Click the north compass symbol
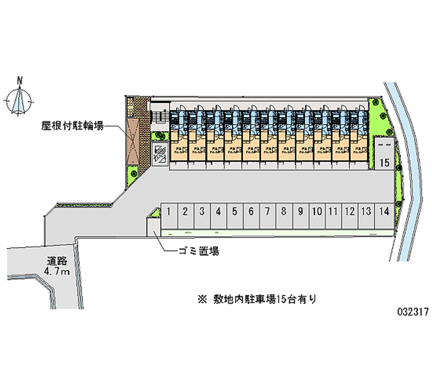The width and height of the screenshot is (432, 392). [x=19, y=100]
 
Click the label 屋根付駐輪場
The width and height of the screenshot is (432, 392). [x=73, y=126]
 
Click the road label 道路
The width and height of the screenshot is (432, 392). [x=56, y=262]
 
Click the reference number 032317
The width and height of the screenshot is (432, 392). [x=413, y=312]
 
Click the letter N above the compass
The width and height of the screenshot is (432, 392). [x=20, y=81]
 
